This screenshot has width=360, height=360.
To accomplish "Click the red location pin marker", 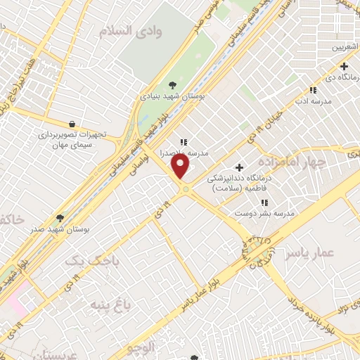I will (x=181, y=166).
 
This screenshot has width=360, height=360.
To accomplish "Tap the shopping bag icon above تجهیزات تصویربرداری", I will (x=72, y=124).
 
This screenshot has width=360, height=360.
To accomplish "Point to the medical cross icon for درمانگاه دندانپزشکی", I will (x=240, y=167).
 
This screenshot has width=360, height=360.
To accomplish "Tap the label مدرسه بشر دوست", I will (x=264, y=213).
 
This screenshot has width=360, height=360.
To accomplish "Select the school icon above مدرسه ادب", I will (x=313, y=90).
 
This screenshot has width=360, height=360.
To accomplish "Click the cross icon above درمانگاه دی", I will (x=344, y=66).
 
